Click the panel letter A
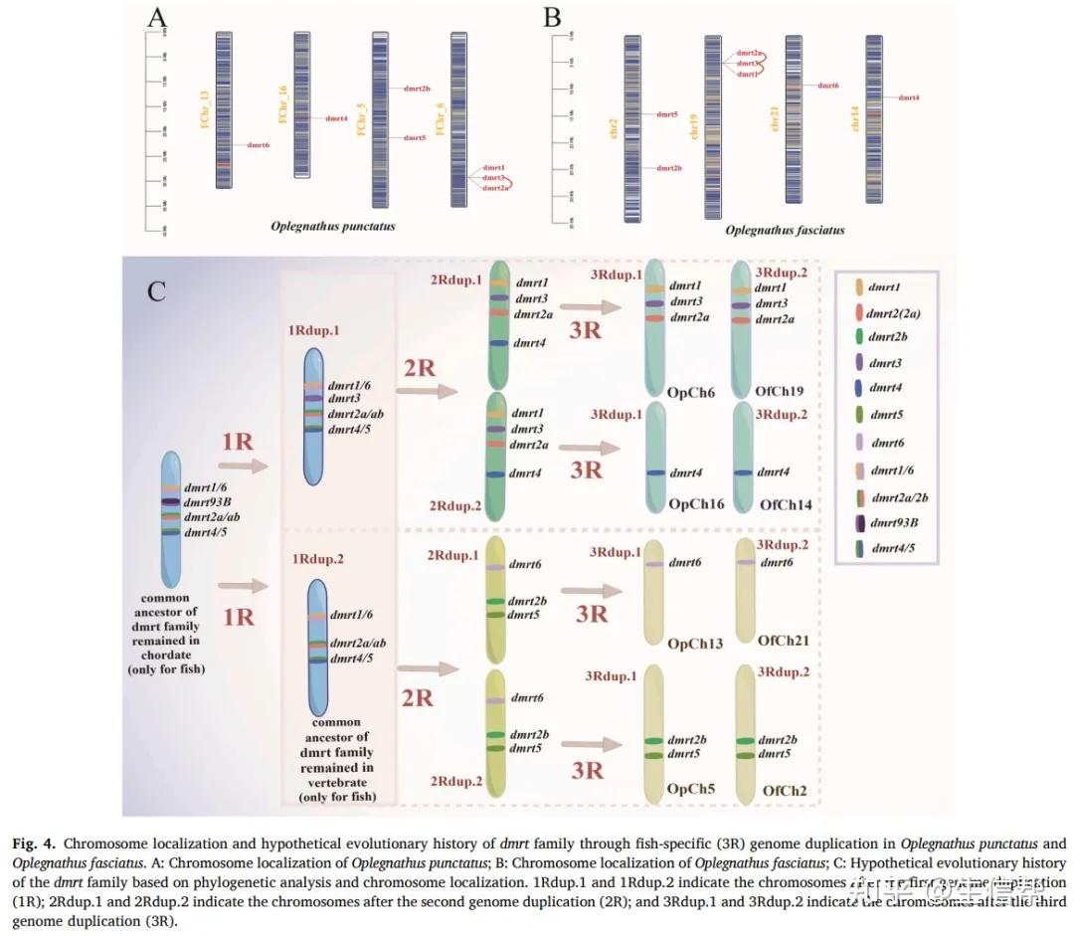pos(158,19)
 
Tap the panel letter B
pos(552,19)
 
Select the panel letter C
pos(156,291)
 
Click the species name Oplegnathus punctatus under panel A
pos(332,227)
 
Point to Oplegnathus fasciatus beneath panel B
pos(785,231)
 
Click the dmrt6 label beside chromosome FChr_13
pos(258,146)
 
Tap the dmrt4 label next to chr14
pos(908,97)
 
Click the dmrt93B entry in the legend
pos(893,522)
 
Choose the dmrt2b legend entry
pos(887,337)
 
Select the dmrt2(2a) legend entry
pos(893,312)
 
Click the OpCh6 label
pos(692,393)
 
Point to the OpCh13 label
pos(695,645)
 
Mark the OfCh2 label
pos(785,792)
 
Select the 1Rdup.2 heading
pos(318,560)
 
